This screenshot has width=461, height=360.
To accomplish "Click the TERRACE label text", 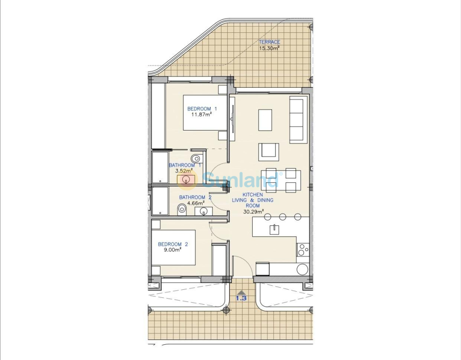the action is coord(269,42).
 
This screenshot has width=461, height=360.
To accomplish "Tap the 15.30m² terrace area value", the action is coord(269,48).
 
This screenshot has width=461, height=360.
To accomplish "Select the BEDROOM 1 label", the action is coord(202,109).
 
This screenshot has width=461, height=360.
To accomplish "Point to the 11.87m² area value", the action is coord(202,114).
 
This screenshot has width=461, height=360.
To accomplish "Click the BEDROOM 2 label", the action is coord(173,244).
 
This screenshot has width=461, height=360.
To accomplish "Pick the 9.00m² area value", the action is coord(172,250).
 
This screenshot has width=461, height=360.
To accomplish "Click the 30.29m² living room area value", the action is coord(253,211).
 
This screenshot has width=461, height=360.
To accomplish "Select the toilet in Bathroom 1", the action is coord(195,158).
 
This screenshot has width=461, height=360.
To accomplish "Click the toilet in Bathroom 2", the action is coord(182,210).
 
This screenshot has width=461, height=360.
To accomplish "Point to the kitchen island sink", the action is coord(274,229).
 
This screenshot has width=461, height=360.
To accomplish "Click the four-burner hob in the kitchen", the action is coord(303,250).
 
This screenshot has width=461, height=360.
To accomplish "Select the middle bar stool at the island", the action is coord(283,217).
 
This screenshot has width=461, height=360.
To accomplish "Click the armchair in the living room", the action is coord(269,152).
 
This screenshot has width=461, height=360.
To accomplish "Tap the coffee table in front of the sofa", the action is coord(265,120).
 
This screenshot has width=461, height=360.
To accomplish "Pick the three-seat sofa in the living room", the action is coord(298,120).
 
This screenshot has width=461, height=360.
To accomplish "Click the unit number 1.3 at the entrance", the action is coord(241,298).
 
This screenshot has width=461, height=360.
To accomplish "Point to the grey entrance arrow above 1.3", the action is coord(241,292).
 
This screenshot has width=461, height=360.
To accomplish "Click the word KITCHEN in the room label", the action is coord(253,194).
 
